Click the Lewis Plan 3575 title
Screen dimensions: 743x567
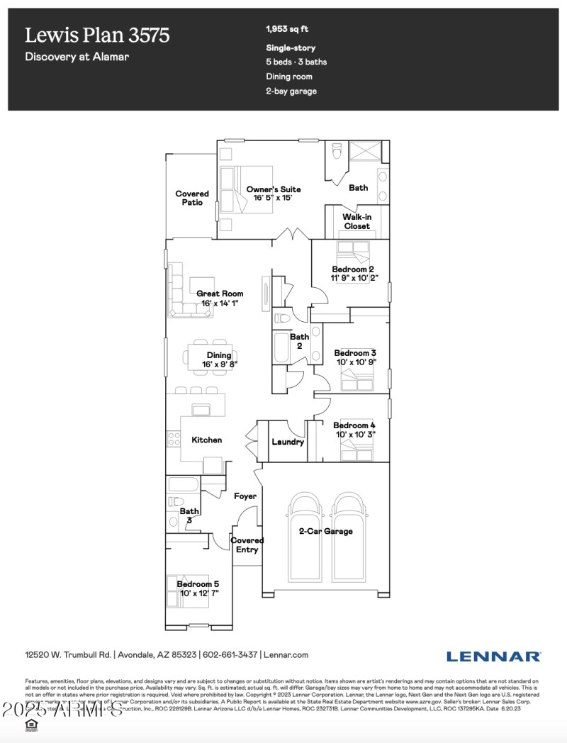pyautogui.click(x=97, y=35)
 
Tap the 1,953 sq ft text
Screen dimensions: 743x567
pyautogui.click(x=287, y=30)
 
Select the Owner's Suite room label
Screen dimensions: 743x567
pyautogui.click(x=274, y=189)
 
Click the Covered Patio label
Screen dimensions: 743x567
pyautogui.click(x=192, y=198)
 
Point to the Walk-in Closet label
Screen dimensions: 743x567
pyautogui.click(x=357, y=221)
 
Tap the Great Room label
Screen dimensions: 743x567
pyautogui.click(x=220, y=294)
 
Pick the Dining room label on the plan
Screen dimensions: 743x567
pyautogui.click(x=219, y=355)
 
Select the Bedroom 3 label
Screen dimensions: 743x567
pyautogui.click(x=355, y=353)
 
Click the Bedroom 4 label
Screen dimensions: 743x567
pyautogui.click(x=355, y=425)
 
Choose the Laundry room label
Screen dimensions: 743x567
pyautogui.click(x=288, y=442)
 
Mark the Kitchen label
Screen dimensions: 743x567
pyautogui.click(x=207, y=440)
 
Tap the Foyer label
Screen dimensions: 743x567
pyautogui.click(x=245, y=496)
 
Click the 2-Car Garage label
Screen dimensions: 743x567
pyautogui.click(x=325, y=531)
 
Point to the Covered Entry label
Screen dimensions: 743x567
pyautogui.click(x=247, y=544)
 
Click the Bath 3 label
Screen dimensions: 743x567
pyautogui.click(x=189, y=515)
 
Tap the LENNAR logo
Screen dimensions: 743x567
pyautogui.click(x=493, y=656)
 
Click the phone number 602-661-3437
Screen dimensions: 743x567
pyautogui.click(x=230, y=655)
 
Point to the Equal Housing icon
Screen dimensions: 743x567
pyautogui.click(x=30, y=724)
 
